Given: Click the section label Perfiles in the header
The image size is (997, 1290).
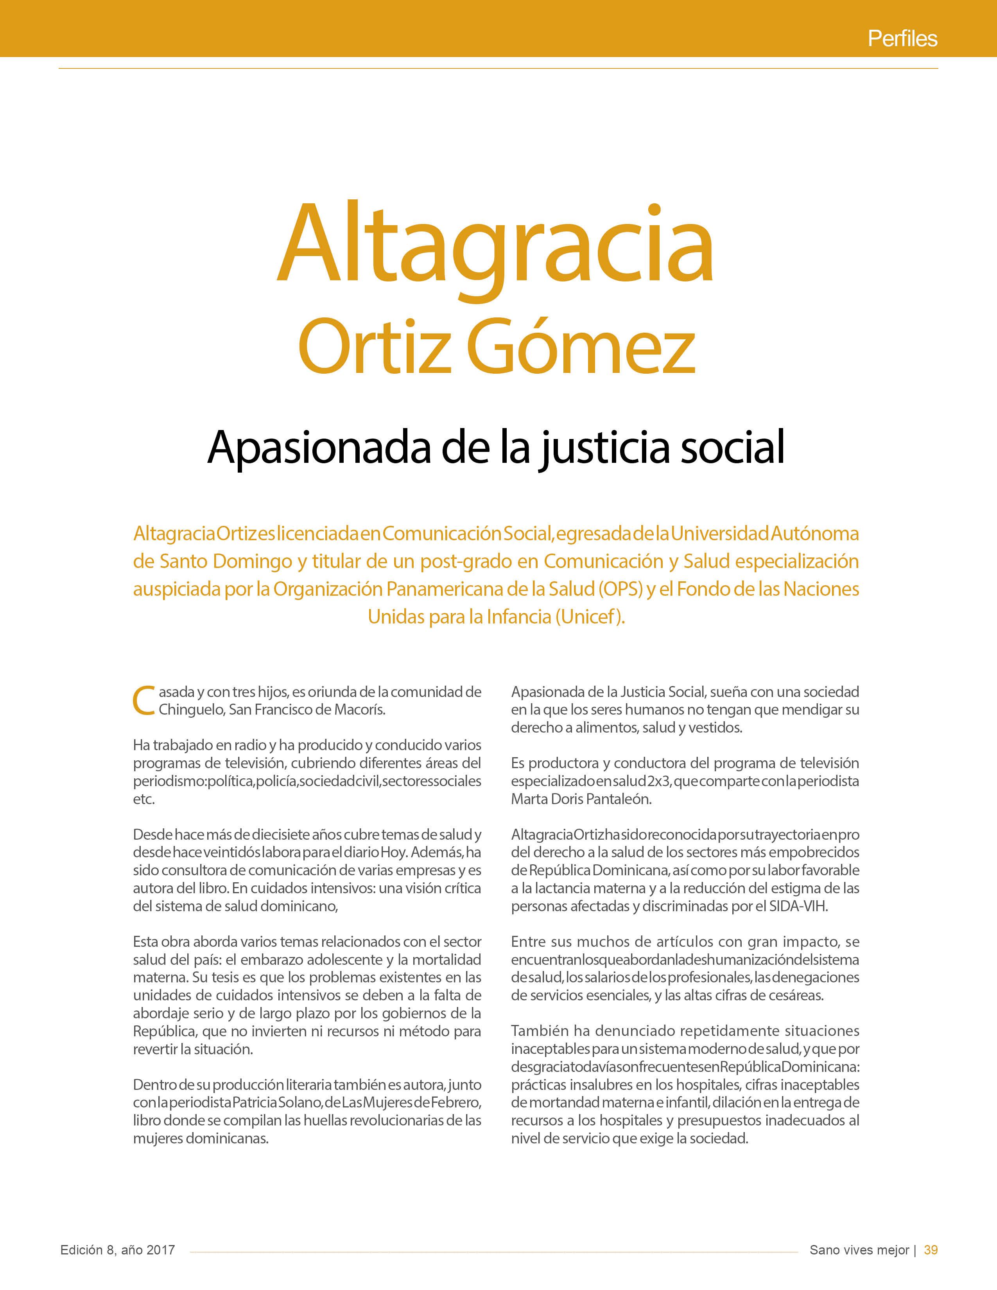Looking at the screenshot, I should click(902, 39).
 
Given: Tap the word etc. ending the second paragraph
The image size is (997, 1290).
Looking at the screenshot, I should click(143, 799).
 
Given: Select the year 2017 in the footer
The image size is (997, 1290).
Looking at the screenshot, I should click(161, 1250).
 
